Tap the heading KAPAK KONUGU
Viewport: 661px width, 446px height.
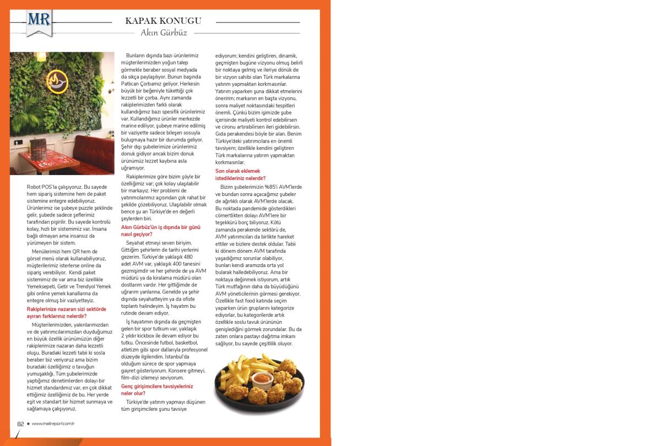click(x=163, y=21)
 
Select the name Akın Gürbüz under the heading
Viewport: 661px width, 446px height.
click(x=164, y=33)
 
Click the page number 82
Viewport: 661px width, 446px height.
click(x=20, y=423)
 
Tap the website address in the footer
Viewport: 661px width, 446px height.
click(x=53, y=423)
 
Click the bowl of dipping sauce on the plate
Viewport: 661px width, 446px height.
click(x=261, y=379)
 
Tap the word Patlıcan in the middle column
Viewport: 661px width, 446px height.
click(x=132, y=84)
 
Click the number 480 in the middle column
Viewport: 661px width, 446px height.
click(x=188, y=257)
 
